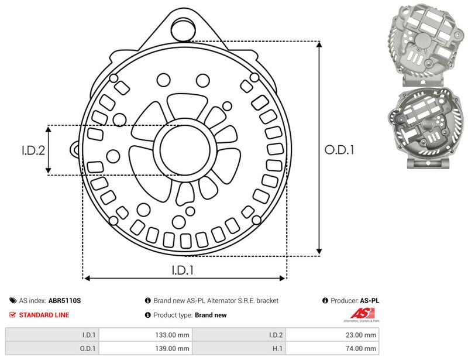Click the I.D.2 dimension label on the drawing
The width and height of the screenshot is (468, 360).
(x=33, y=150)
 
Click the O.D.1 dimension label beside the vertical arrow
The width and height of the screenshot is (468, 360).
(x=339, y=150)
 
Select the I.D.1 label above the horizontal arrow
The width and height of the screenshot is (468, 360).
(x=183, y=270)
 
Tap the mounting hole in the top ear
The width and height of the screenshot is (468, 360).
(x=183, y=29)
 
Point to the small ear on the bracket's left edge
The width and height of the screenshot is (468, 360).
(x=75, y=149)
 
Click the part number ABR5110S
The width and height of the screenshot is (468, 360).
(x=64, y=300)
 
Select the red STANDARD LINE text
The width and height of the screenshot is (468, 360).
(x=44, y=315)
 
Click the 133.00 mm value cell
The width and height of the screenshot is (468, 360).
(x=146, y=335)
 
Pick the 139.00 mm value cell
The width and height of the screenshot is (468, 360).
(x=146, y=348)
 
